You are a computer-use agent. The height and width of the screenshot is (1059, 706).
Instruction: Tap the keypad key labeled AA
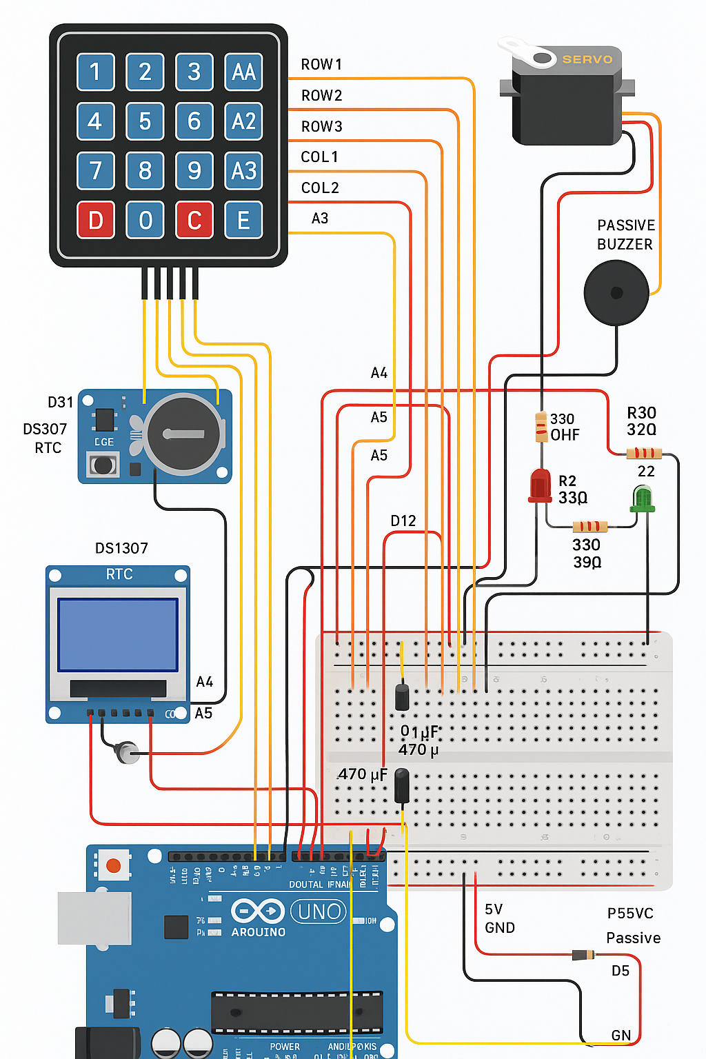click(244, 72)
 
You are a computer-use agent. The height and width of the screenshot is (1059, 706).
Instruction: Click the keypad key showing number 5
click(145, 121)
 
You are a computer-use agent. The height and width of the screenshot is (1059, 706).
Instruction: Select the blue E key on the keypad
click(244, 220)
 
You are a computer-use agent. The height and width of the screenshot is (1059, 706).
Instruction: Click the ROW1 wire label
click(321, 65)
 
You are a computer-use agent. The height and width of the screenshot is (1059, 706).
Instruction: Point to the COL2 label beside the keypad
click(320, 188)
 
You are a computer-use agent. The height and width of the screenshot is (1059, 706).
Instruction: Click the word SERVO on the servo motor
click(587, 59)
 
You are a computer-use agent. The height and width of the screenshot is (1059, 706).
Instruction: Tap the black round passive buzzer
click(616, 292)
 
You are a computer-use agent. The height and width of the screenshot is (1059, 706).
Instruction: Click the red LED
click(540, 484)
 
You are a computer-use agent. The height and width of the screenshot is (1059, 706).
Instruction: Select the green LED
click(643, 498)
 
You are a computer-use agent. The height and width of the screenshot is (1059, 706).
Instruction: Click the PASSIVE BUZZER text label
click(625, 234)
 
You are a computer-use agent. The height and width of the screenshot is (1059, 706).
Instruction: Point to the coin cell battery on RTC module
click(183, 434)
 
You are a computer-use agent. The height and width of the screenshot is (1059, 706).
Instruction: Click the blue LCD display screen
click(118, 634)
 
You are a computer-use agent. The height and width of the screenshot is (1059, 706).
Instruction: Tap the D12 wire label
click(403, 521)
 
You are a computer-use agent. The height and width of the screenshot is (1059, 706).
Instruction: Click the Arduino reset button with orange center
click(114, 865)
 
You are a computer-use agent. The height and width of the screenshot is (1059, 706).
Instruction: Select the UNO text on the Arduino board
click(319, 911)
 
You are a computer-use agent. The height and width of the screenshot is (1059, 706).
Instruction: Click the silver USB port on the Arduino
click(94, 918)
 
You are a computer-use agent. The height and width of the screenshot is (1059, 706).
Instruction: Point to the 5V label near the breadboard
click(494, 909)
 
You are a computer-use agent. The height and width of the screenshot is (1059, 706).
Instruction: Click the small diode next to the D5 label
click(583, 955)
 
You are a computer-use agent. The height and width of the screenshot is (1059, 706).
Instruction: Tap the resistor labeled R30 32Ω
click(644, 453)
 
